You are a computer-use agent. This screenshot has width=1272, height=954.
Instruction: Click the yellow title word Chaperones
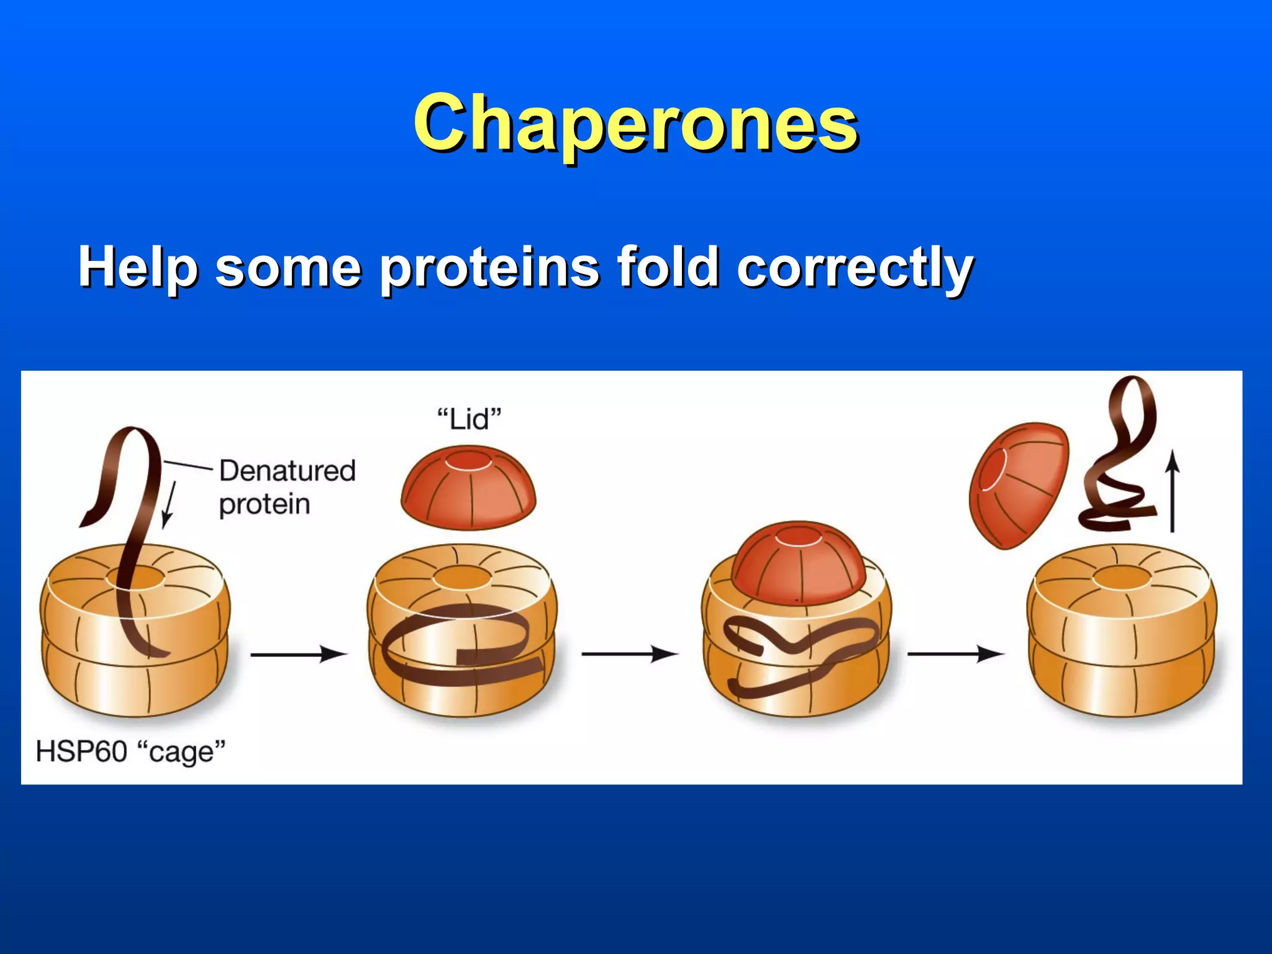[x=635, y=122]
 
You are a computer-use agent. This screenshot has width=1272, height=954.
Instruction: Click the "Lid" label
[x=469, y=419]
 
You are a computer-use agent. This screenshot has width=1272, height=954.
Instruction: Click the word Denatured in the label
[x=288, y=470]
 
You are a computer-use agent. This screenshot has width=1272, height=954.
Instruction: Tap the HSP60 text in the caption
[x=81, y=751]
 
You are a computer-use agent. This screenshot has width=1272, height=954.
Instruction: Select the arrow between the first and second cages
[x=298, y=654]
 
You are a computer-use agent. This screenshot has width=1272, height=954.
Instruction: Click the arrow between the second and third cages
[x=629, y=654]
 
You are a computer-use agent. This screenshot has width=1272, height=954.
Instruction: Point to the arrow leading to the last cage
[x=955, y=654]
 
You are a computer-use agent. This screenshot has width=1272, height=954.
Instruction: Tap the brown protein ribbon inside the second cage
[x=460, y=646]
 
